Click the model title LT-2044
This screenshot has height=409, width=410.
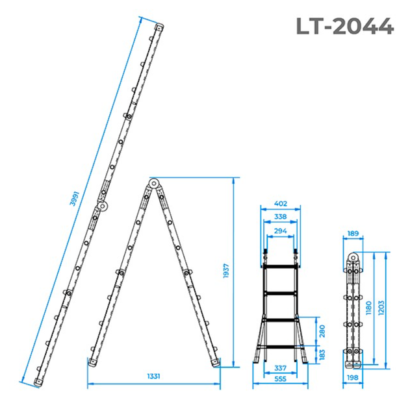pos(345,26)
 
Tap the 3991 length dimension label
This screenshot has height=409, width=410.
pos(74,199)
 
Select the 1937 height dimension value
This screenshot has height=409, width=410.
pos(226,271)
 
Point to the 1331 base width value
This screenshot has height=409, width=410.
pos(153,376)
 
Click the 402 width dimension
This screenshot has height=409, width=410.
pos(281,203)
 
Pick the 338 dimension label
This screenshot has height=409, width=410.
pos(281,217)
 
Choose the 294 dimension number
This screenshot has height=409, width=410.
pos(281,231)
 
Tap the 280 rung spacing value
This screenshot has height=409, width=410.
pos(322,331)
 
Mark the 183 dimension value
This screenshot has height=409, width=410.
pos(322,355)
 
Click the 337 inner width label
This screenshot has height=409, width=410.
pos(281,368)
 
